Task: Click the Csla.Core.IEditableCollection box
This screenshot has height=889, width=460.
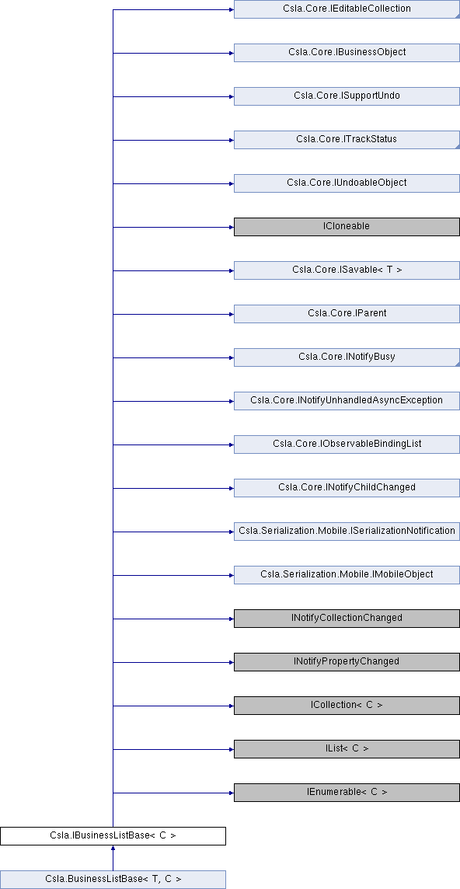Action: point(346,9)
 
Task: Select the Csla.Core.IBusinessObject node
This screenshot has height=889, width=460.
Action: point(346,53)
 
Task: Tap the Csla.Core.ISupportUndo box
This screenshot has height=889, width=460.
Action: point(346,96)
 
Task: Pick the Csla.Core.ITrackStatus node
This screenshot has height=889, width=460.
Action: point(346,140)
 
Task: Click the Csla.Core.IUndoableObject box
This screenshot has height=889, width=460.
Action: point(346,183)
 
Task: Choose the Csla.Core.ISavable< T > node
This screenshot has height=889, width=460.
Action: point(346,270)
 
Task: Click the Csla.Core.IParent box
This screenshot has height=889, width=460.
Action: point(346,314)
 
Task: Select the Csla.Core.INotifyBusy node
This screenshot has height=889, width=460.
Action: point(346,357)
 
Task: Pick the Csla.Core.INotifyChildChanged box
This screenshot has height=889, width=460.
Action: point(346,488)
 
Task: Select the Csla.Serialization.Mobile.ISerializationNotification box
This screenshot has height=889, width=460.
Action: point(346,532)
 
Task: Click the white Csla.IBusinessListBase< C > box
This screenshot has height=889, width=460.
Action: point(113,836)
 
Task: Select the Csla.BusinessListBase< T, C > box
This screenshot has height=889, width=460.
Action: point(113,880)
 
